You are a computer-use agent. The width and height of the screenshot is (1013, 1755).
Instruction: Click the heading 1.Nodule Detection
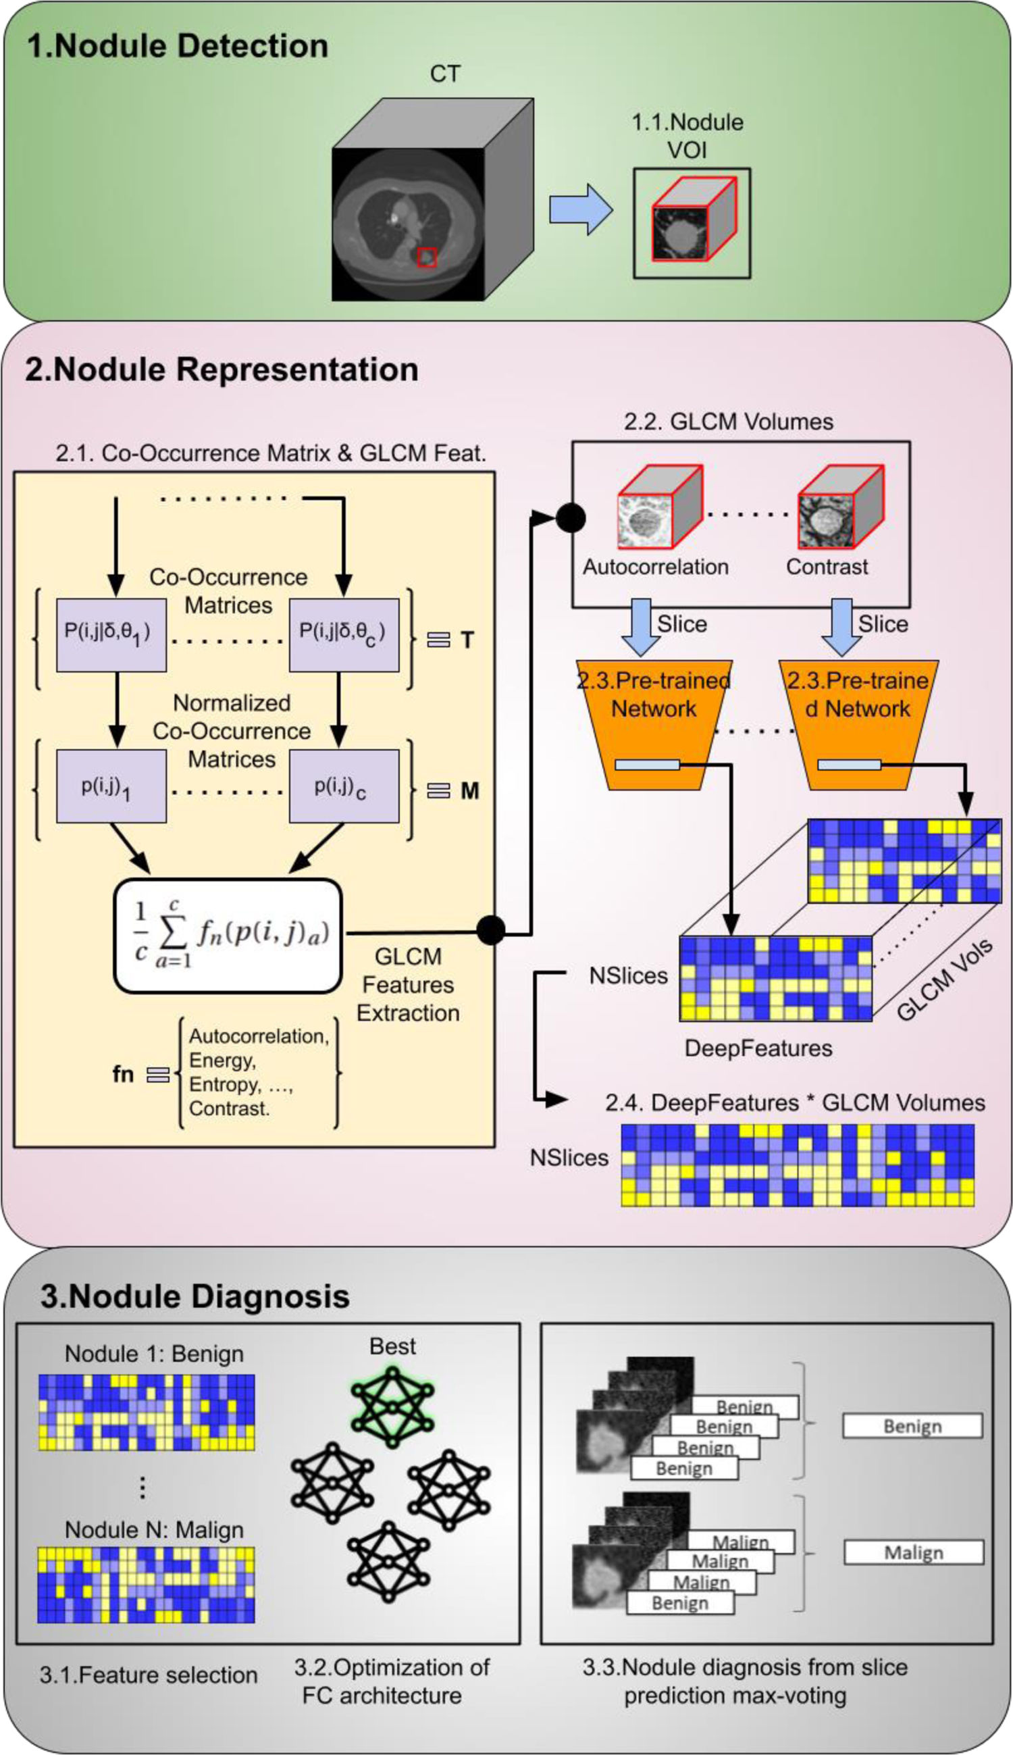[178, 46]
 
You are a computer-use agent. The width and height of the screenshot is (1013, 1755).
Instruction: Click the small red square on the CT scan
[427, 257]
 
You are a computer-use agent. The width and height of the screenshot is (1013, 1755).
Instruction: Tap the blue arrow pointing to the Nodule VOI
[580, 209]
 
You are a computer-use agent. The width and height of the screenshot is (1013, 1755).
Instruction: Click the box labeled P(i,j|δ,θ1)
[111, 634]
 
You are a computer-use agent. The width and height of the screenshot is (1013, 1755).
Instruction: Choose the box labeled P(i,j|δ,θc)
[344, 634]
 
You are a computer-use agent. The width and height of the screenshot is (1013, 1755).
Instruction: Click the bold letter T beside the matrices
[467, 640]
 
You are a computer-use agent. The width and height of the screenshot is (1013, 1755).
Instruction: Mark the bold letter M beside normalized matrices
[469, 790]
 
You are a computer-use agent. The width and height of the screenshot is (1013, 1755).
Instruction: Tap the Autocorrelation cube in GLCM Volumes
[658, 508]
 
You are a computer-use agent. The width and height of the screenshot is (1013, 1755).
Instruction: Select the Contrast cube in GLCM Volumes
[839, 508]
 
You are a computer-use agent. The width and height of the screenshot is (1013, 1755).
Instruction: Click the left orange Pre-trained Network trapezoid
[654, 723]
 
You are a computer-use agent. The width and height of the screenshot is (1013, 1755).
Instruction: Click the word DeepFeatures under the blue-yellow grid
[758, 1048]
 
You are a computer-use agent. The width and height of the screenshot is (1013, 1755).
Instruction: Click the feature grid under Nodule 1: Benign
[146, 1412]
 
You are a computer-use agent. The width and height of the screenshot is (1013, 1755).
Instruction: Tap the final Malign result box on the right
[914, 1552]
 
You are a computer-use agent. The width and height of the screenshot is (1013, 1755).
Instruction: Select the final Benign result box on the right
[912, 1426]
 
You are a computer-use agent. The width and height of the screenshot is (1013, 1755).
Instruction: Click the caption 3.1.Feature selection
[148, 1675]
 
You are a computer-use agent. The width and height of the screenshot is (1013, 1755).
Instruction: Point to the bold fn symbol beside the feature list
[123, 1073]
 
